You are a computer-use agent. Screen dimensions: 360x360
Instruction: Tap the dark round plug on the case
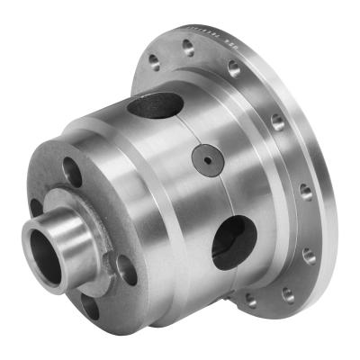pyautogui.click(x=205, y=160)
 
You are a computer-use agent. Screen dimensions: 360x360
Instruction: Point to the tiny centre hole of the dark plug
pyautogui.click(x=205, y=160)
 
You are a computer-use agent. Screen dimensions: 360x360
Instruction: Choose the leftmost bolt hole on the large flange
pyautogui.click(x=152, y=63)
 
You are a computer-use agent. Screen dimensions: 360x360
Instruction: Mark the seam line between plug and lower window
pyautogui.click(x=216, y=193)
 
